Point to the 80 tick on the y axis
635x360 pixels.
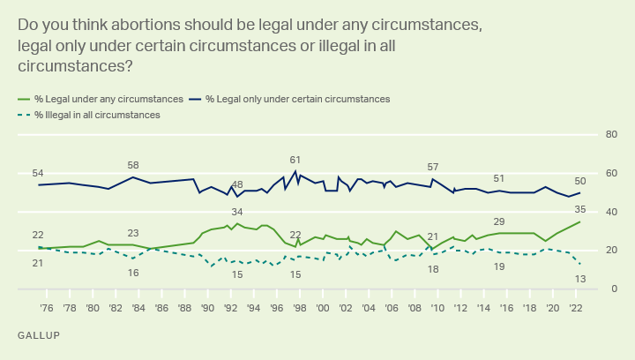pos(609,135)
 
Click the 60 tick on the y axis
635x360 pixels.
pos(609,174)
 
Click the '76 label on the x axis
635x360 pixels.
pos(46,308)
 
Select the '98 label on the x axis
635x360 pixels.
pos(299,308)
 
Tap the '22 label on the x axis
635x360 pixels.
pos(575,308)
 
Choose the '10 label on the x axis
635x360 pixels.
pos(437,308)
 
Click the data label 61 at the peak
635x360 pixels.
pos(295,160)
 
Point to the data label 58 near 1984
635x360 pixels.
pos(133,165)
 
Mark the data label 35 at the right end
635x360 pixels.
pos(580,209)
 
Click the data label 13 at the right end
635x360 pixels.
pos(580,278)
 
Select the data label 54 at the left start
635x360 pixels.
pos(38,173)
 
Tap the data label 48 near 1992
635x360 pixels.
pos(237,184)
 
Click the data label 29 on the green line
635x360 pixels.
pos(499,221)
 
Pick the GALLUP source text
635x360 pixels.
pos(37,336)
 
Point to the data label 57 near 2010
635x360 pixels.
pos(433,167)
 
